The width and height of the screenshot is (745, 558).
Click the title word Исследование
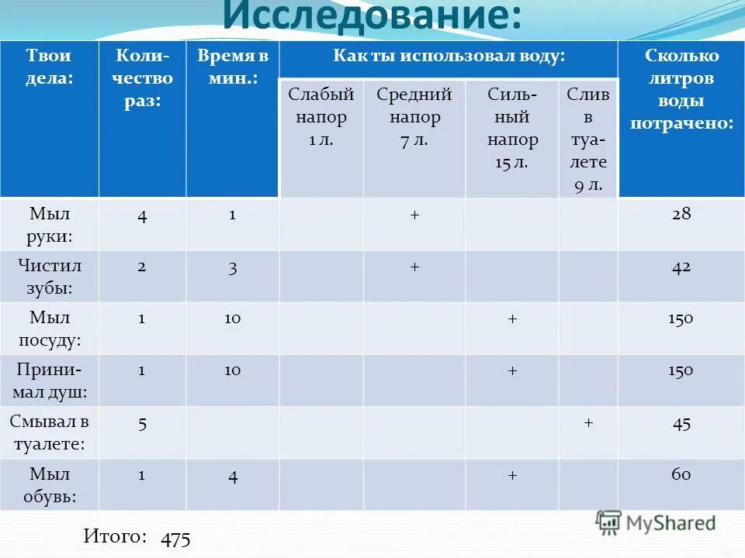tap(372, 17)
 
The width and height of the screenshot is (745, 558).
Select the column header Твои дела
tap(49, 67)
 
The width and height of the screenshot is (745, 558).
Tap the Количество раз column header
tap(142, 78)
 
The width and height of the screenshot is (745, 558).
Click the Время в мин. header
tap(232, 67)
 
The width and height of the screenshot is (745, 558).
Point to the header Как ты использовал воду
tap(449, 56)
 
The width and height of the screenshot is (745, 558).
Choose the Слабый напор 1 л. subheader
tap(321, 118)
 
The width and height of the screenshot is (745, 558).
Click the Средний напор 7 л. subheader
tap(414, 118)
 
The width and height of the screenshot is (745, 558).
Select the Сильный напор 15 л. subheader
tap(512, 129)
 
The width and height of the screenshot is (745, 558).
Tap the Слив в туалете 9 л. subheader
tap(587, 139)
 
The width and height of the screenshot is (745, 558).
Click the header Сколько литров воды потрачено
tap(681, 90)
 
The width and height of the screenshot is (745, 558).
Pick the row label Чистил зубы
tap(49, 277)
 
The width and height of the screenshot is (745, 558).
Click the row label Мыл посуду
tap(49, 329)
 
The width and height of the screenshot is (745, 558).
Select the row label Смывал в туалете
tap(49, 433)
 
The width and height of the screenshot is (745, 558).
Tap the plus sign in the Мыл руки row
tap(414, 215)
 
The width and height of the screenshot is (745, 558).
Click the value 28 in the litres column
tap(681, 215)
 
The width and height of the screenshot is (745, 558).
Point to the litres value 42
tap(681, 267)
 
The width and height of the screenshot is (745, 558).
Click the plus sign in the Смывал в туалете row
tap(588, 422)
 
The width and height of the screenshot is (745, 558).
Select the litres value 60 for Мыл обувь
tap(681, 474)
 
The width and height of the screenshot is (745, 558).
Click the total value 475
tap(176, 539)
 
